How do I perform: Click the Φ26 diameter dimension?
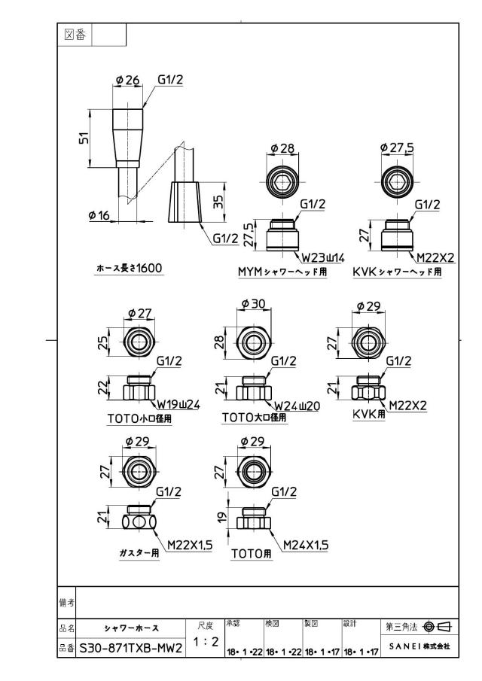pos(128,80)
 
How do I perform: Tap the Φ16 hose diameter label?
pos(99,215)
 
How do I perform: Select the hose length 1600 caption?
pos(130,268)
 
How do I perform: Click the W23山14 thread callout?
pos(323,258)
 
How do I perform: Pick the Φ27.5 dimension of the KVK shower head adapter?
pos(397,147)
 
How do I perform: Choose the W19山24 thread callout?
pos(178,405)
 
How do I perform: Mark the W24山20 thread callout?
pos(297,406)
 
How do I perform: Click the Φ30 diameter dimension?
pos(253,303)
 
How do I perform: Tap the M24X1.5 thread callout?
pos(306,545)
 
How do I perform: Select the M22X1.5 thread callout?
pos(190,545)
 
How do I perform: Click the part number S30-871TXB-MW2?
pos(131,649)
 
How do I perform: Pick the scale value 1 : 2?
pos(206,641)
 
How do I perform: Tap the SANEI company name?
pos(419,646)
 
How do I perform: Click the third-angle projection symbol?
pos(437,627)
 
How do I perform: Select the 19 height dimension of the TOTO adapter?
pos(222,517)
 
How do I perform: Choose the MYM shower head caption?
pos(282,272)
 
